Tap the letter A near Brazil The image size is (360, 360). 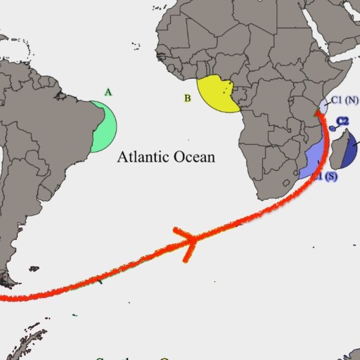pyautogui.click(x=108, y=92)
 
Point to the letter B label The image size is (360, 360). pyautogui.click(x=187, y=98)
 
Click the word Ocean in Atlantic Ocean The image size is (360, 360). pyautogui.click(x=194, y=156)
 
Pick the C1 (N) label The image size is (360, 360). pyautogui.click(x=345, y=101)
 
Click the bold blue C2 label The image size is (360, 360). pyautogui.click(x=343, y=121)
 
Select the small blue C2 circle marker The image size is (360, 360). pyautogui.click(x=333, y=127)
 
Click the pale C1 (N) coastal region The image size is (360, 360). pyautogui.click(x=323, y=106)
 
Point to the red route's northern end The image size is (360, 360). pyautogui.click(x=319, y=113)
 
